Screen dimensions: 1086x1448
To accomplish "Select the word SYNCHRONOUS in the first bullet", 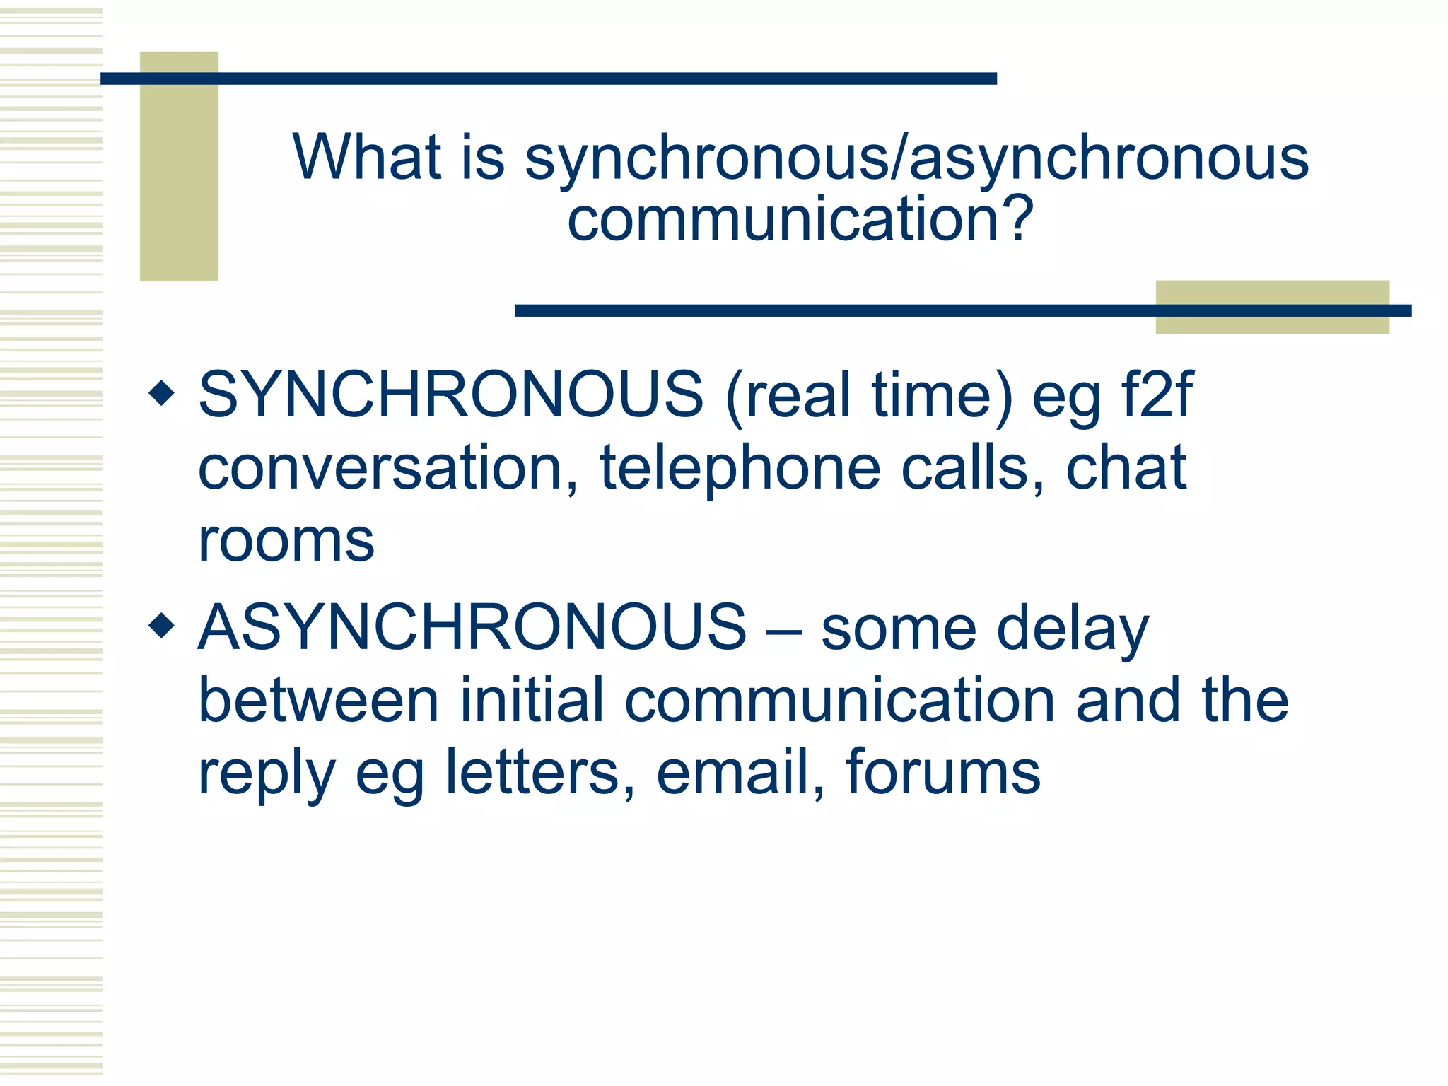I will click(450, 395).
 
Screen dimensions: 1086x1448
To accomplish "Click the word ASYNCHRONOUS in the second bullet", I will click(472, 627).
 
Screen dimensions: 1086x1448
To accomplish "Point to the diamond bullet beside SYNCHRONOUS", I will click(162, 393).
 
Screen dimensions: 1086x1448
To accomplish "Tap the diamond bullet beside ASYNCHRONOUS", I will click(162, 625).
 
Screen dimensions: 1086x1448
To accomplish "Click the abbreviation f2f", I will click(1157, 395).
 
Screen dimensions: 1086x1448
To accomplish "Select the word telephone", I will click(740, 468).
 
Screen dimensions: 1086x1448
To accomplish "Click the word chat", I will click(1125, 468).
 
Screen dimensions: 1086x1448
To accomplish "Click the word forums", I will click(942, 772).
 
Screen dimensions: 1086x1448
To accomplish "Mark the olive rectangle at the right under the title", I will click(1272, 322).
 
